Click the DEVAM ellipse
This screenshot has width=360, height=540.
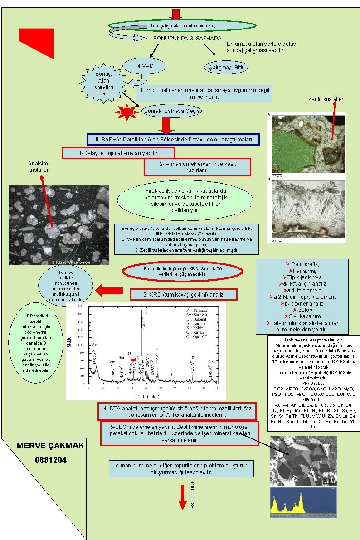[144, 67]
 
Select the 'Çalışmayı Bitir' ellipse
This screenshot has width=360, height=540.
[226, 68]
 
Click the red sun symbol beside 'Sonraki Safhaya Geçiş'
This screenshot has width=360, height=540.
[127, 112]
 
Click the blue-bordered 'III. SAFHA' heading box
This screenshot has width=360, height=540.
[173, 140]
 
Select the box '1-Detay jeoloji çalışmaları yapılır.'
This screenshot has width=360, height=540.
[118, 153]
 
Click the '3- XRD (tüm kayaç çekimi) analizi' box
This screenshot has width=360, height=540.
[184, 295]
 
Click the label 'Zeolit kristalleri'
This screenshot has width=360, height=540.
[326, 99]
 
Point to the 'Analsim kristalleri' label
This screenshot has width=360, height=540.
[39, 166]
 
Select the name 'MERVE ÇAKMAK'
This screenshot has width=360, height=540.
[50, 446]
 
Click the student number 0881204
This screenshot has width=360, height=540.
[51, 460]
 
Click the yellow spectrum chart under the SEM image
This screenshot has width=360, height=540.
[303, 502]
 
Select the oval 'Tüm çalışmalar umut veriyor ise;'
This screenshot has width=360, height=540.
[183, 25]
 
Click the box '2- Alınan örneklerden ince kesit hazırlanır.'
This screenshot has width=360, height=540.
[197, 167]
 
